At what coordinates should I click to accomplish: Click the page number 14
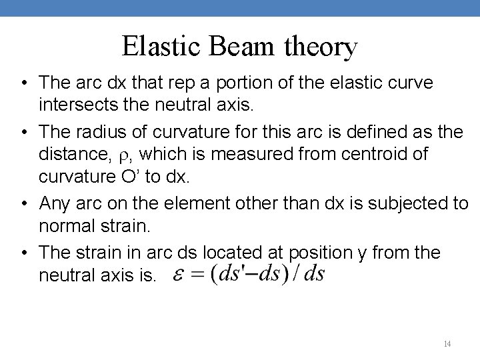(447, 344)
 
